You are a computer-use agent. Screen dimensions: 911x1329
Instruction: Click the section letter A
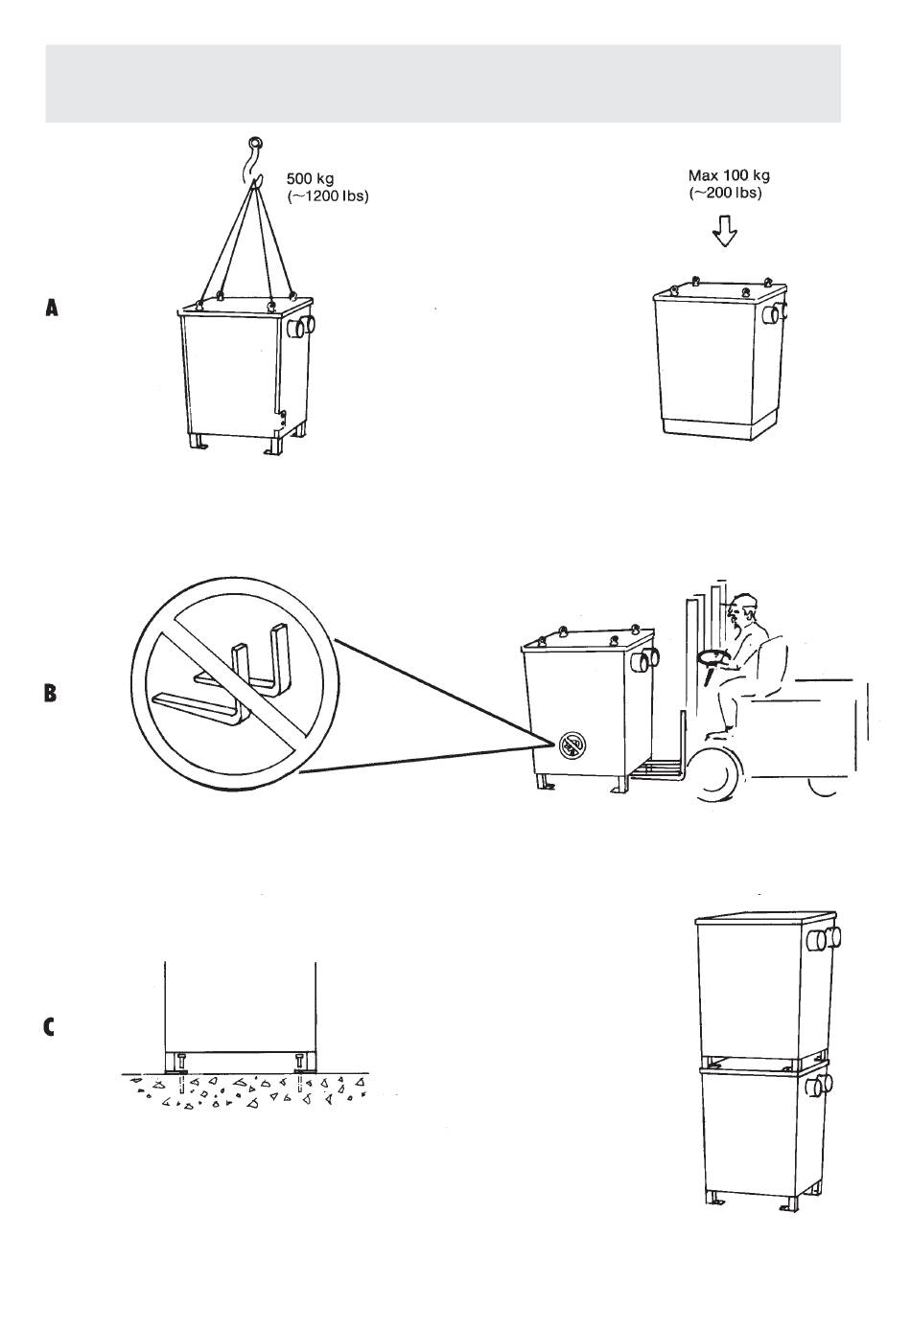pos(52,308)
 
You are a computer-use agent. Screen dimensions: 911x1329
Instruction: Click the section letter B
pos(51,693)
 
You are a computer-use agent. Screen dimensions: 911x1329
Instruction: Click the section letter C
pos(49,1027)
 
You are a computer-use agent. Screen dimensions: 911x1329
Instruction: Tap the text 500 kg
pos(310,178)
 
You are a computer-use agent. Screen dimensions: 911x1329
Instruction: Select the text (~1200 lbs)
pos(328,195)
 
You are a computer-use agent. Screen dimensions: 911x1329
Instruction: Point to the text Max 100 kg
pos(729,175)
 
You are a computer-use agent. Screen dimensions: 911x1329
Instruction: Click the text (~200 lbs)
pos(725,193)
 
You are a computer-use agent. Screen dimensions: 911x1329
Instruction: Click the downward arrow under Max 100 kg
pos(725,230)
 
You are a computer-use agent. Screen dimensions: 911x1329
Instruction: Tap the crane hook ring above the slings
pos(257,143)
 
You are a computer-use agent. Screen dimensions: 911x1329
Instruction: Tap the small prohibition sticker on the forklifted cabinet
pos(572,744)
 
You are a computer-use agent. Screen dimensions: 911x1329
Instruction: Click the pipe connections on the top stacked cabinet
pos(826,939)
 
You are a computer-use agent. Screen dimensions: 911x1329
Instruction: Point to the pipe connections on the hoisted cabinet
pos(302,326)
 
